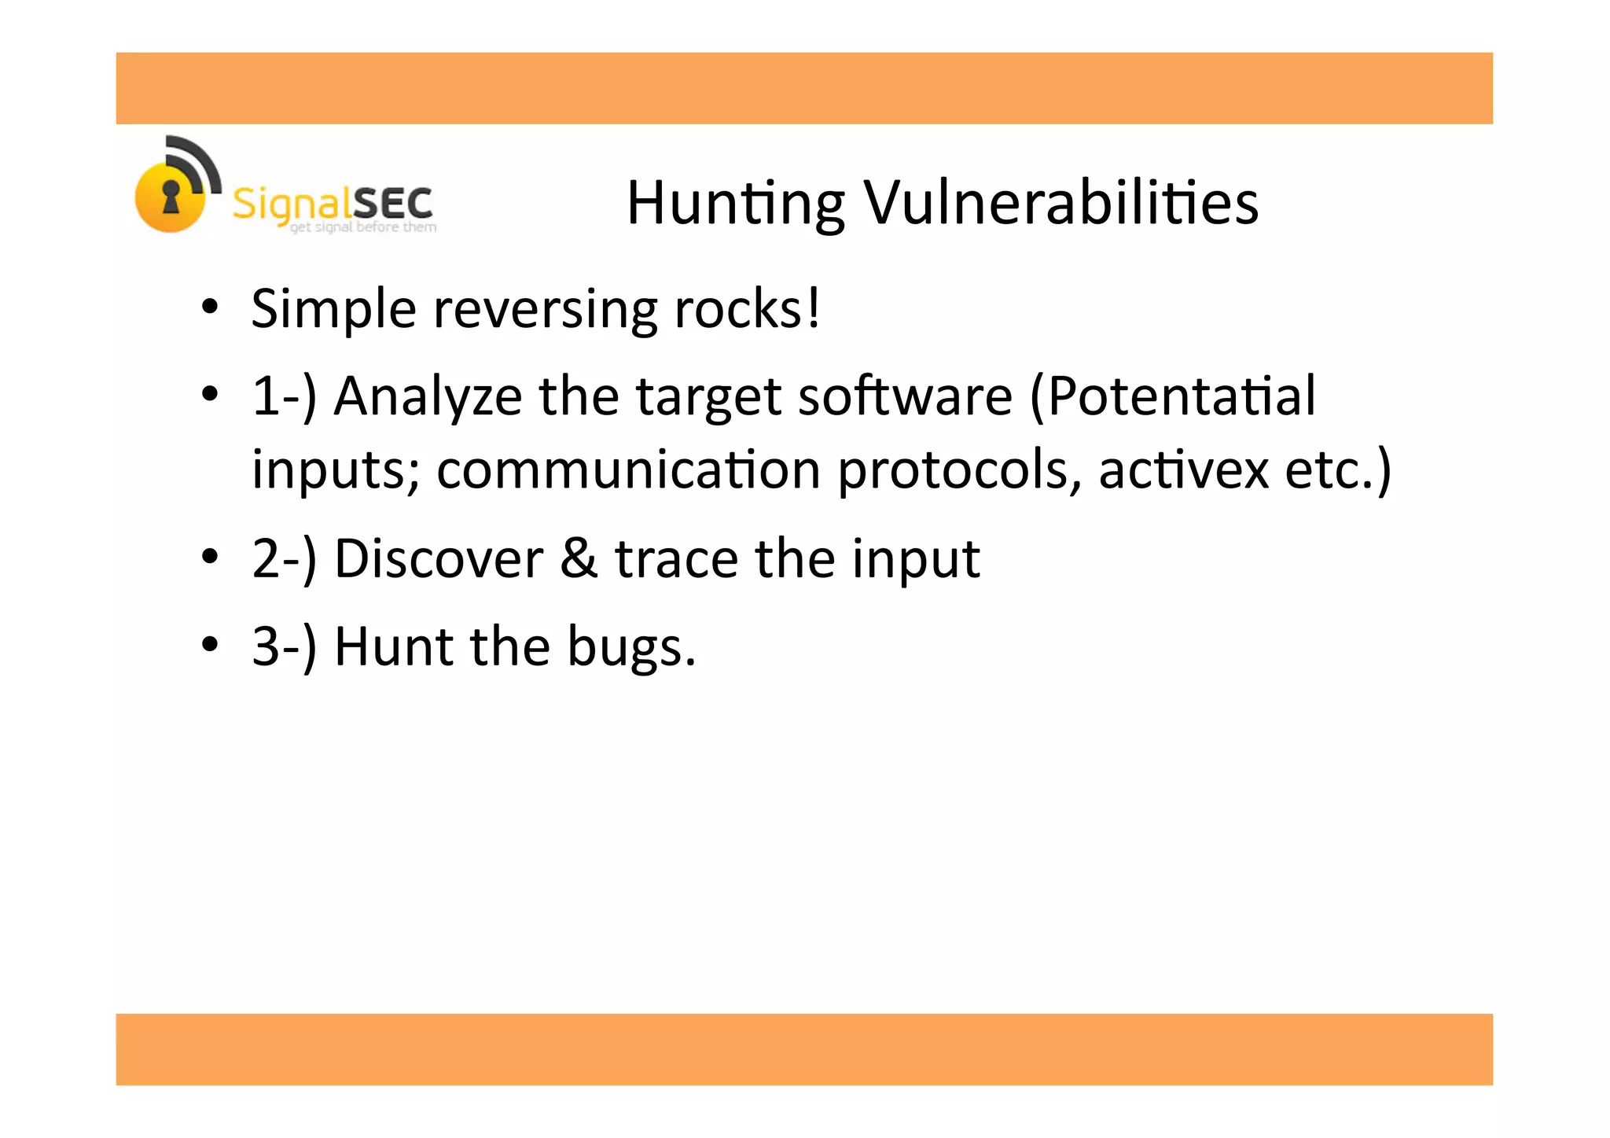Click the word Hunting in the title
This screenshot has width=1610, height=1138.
[735, 204]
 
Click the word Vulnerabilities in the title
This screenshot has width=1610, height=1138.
[1061, 203]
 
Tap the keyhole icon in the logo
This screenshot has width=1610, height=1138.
[171, 196]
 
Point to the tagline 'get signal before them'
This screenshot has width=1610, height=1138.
[363, 227]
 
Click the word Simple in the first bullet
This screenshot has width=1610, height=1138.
[333, 309]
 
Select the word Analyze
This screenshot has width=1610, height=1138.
[428, 396]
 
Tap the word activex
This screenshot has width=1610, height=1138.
[1183, 470]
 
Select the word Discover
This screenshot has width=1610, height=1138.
[439, 559]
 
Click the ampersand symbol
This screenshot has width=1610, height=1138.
[579, 559]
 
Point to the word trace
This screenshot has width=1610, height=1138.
[676, 559]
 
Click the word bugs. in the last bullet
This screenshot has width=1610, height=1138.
[631, 647]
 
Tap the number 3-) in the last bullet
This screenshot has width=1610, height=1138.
[284, 647]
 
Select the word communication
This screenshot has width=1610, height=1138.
[628, 470]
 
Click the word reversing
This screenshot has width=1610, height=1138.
[545, 309]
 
